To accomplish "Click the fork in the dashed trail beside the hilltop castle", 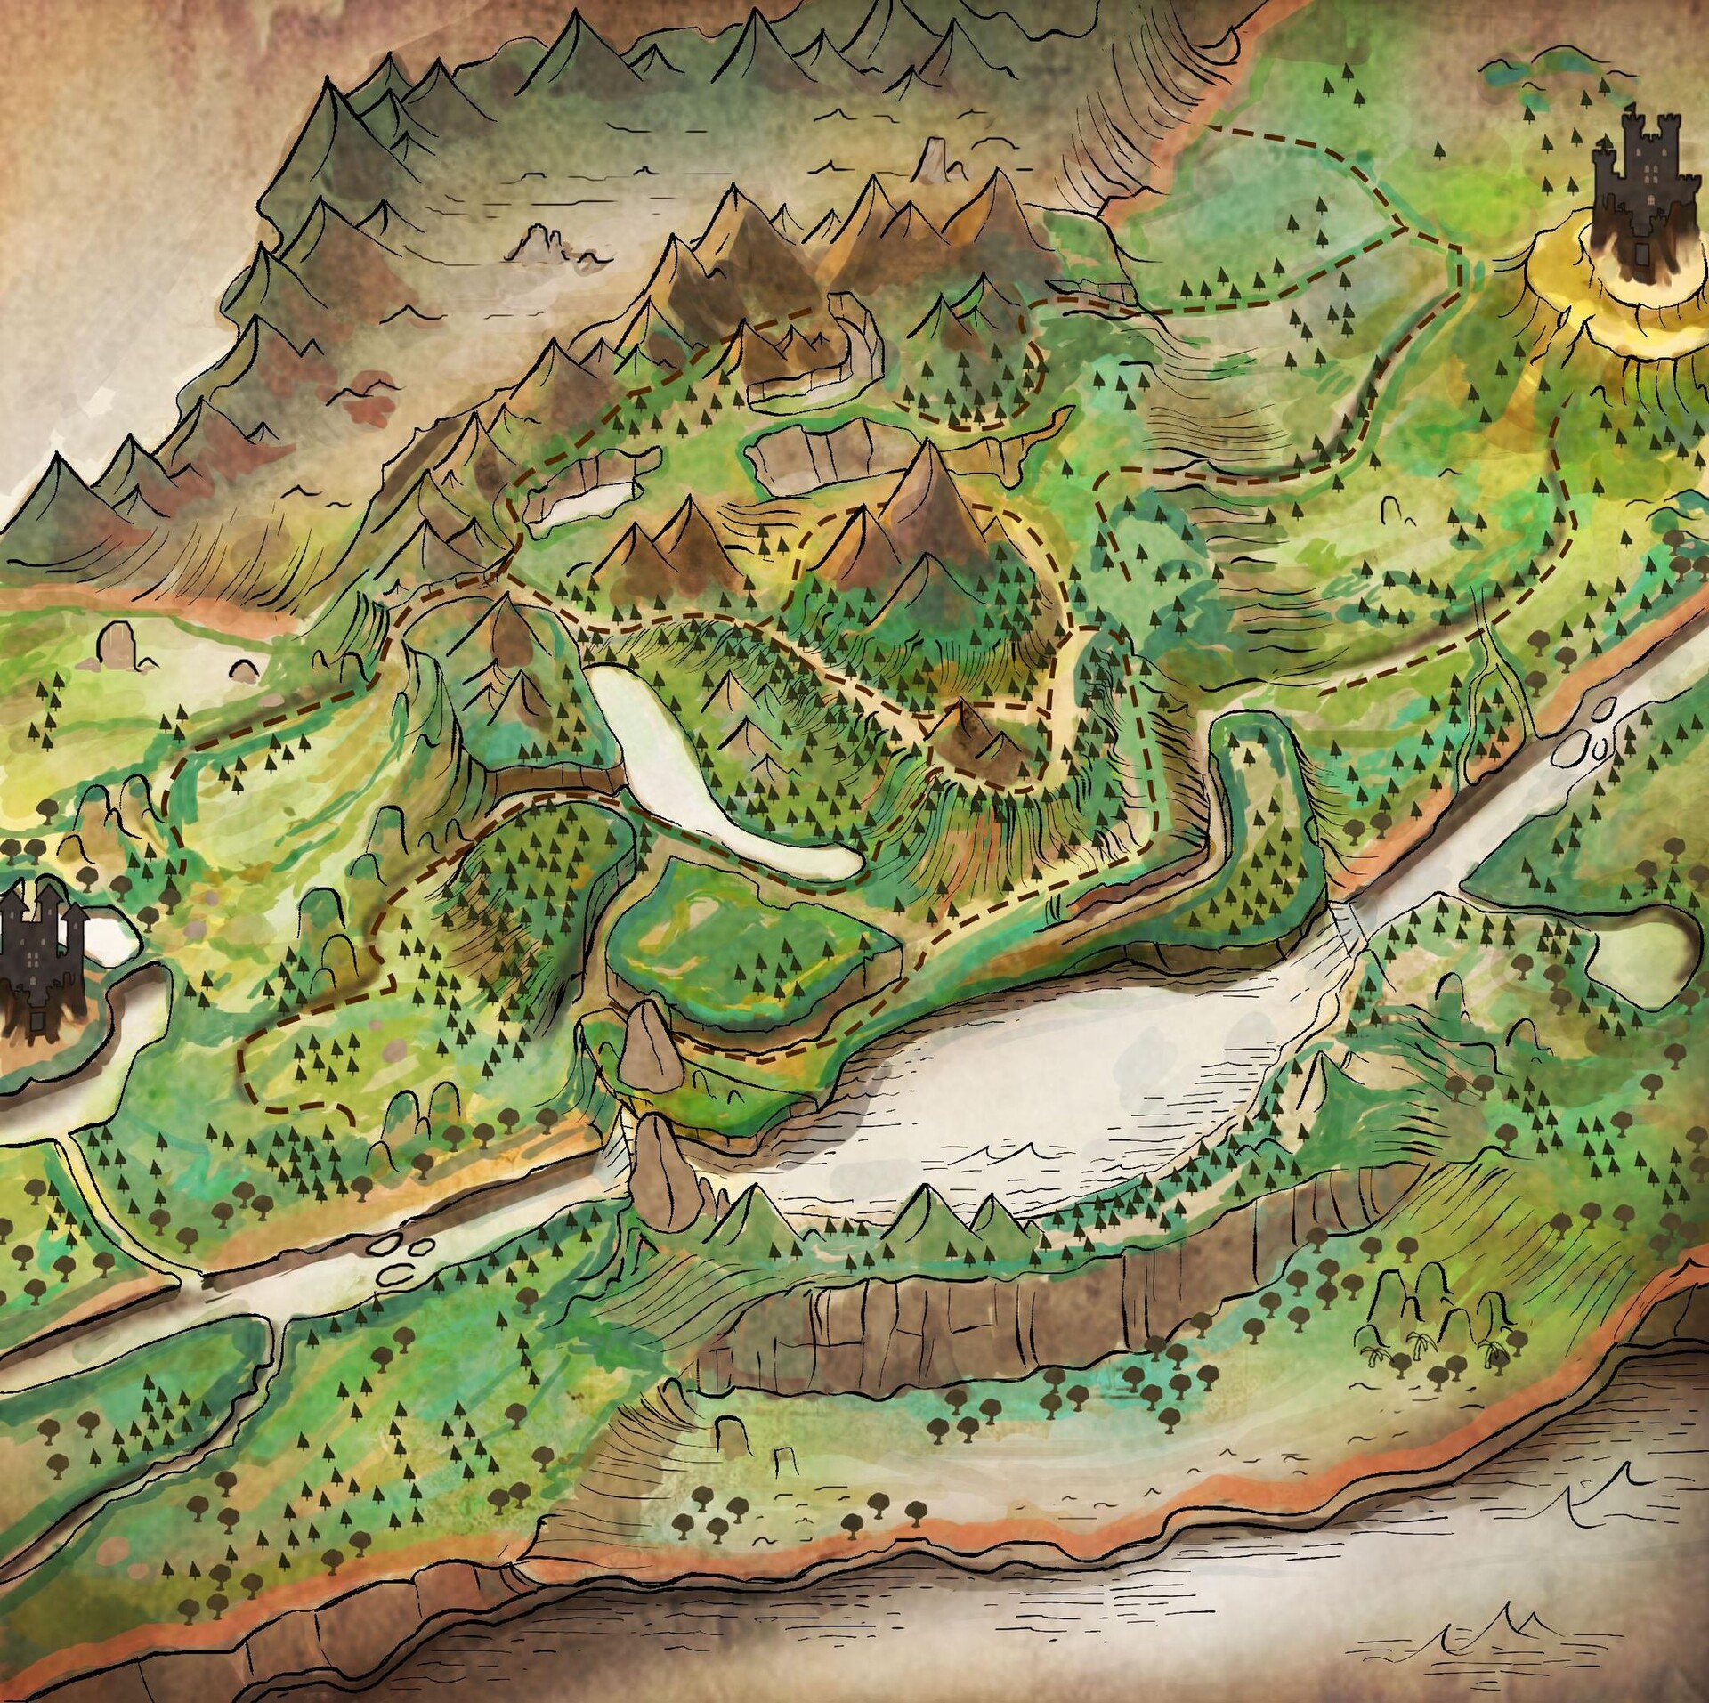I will click(1405, 228).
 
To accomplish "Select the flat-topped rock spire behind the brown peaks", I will click(935, 160).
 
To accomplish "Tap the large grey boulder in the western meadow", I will click(116, 645).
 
